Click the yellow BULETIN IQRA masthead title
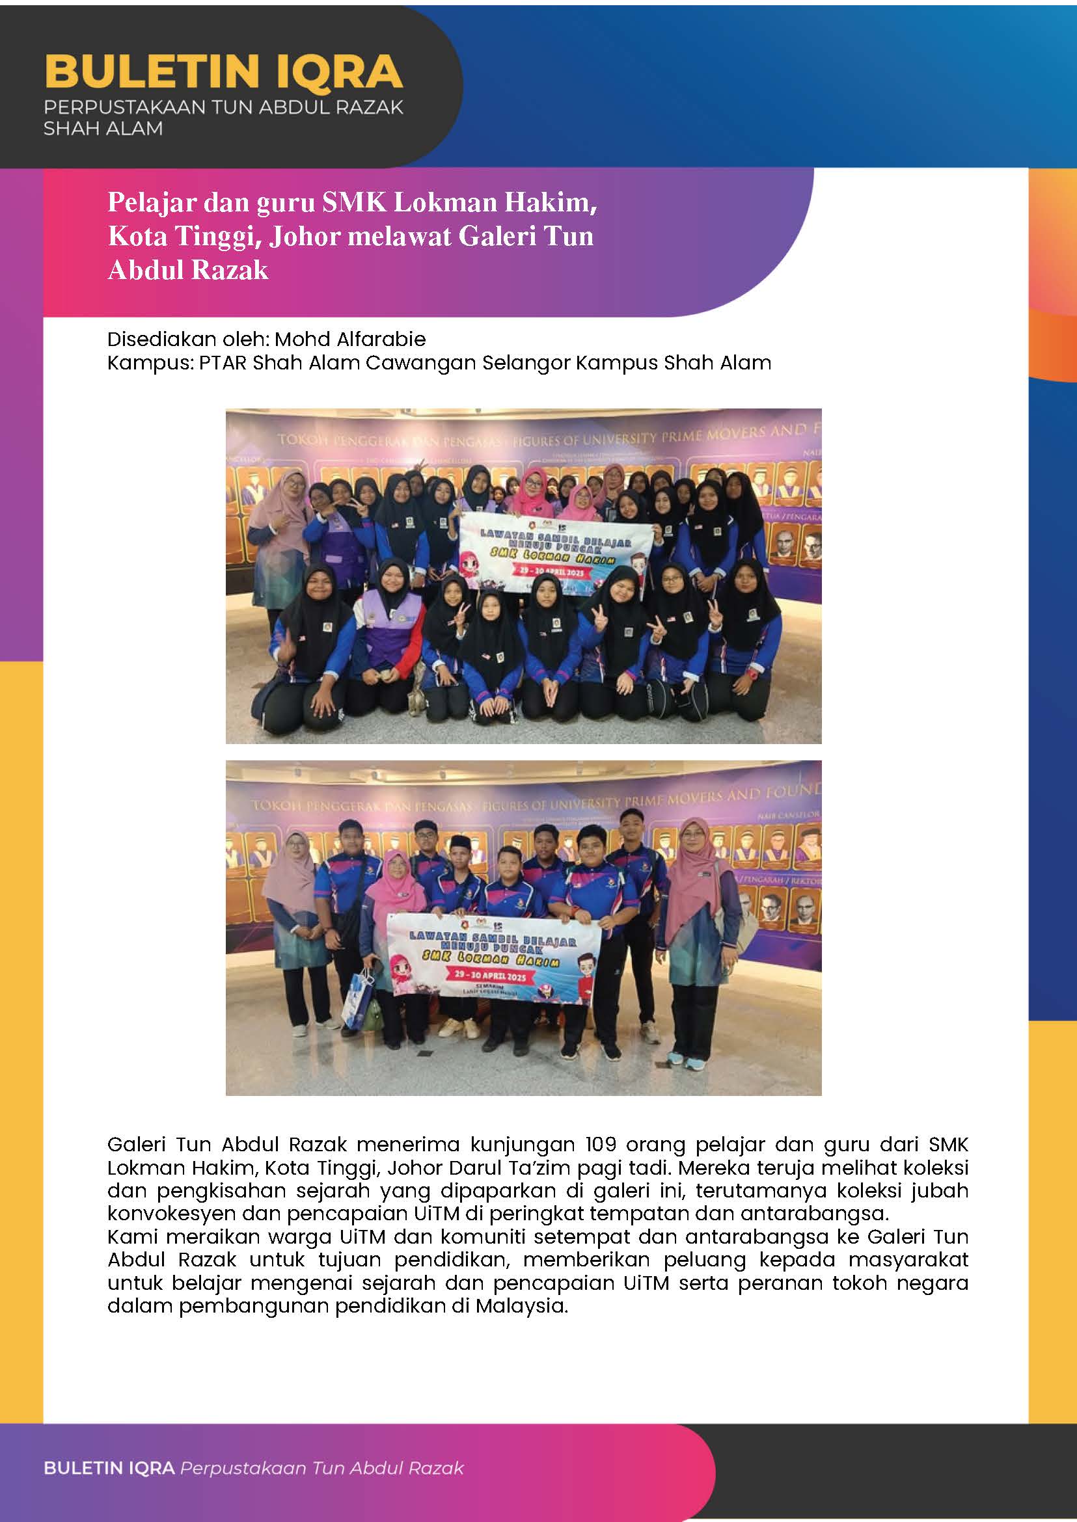[x=223, y=72]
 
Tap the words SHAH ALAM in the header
[x=103, y=129]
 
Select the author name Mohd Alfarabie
[x=350, y=340]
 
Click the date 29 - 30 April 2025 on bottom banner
[x=489, y=976]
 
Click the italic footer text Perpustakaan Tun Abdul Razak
[x=321, y=1468]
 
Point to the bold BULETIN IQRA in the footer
[x=109, y=1468]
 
